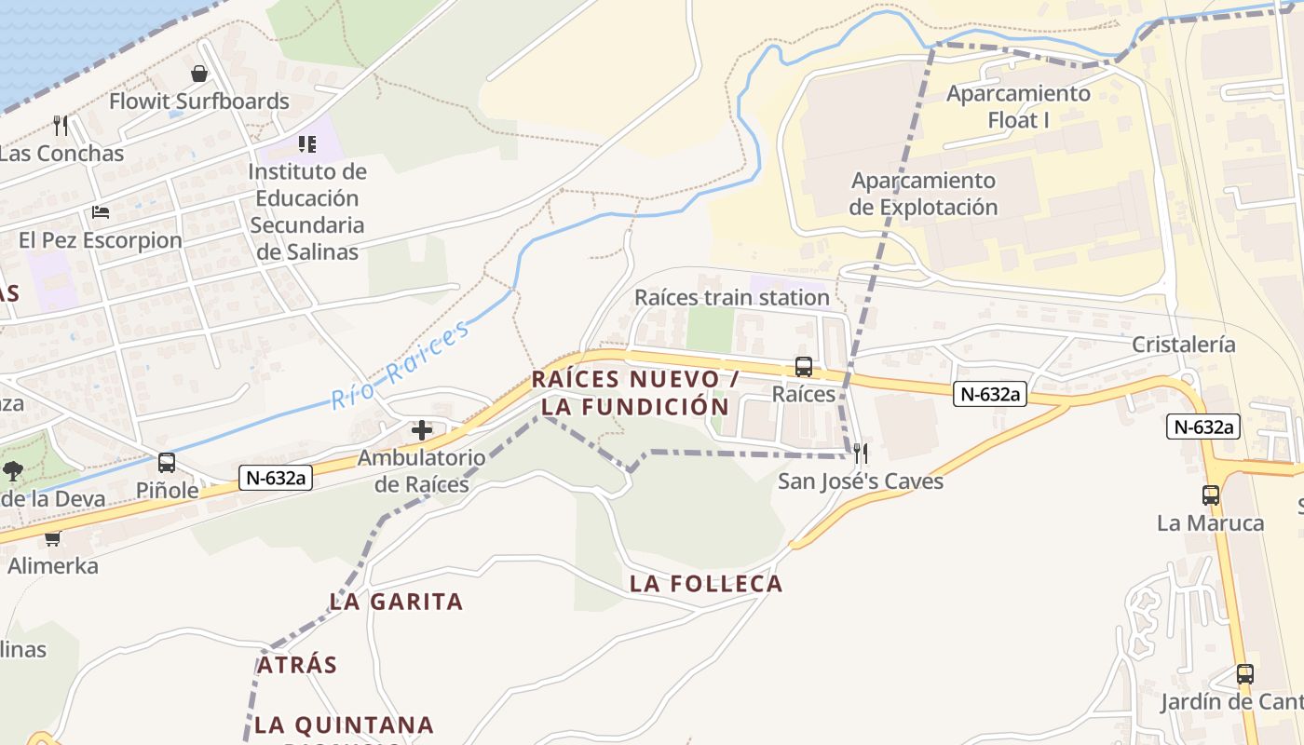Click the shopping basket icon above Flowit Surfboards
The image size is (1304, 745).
point(198,74)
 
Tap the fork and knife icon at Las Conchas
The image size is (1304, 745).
point(61,125)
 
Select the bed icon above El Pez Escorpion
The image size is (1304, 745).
point(101,212)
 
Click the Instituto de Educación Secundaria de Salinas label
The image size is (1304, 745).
point(307,211)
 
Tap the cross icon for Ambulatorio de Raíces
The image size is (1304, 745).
point(422,430)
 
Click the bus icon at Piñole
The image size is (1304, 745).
point(167,462)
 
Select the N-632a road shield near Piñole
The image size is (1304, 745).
point(275,479)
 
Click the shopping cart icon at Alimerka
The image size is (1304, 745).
point(52,538)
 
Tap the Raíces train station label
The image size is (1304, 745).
point(731,297)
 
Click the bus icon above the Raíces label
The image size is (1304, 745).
point(803,367)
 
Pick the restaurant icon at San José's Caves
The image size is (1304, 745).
point(861,454)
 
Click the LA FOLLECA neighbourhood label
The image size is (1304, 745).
point(706,584)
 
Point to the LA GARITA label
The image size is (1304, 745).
point(396,602)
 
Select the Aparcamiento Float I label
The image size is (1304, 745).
point(1018,106)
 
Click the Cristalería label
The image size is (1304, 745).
point(1183,345)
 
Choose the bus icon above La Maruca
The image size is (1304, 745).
point(1210,495)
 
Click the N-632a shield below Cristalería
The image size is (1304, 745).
point(1203,427)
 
